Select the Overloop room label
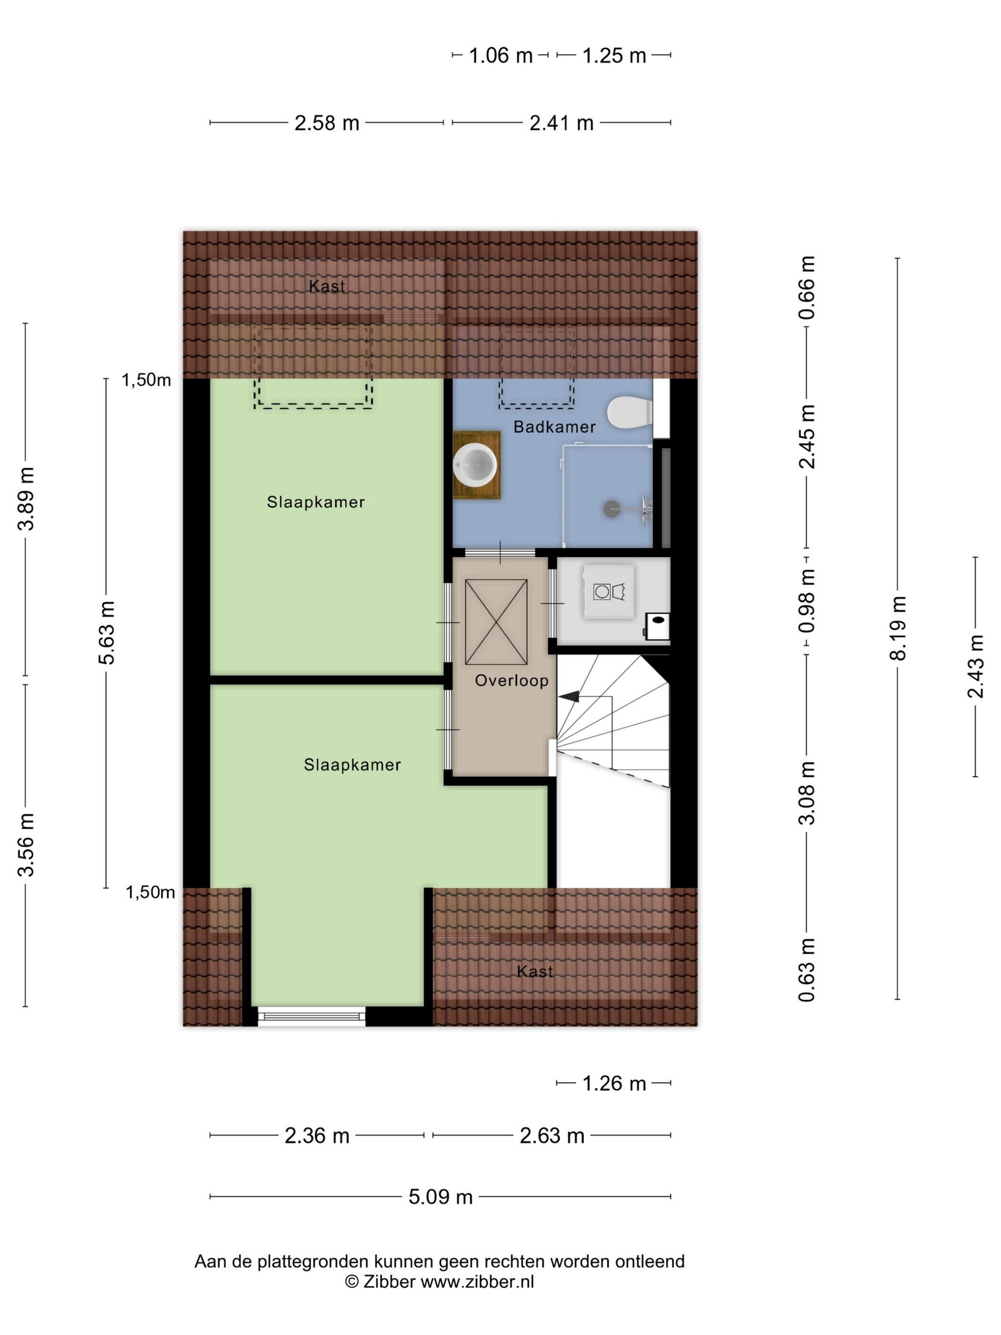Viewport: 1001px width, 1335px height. pyautogui.click(x=511, y=681)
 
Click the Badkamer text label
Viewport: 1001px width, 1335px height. pyautogui.click(x=554, y=427)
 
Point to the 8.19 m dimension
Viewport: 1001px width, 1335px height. pyautogui.click(x=899, y=628)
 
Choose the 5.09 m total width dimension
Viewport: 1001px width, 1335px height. pyautogui.click(x=440, y=1197)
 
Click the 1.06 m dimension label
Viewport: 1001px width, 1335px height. pyautogui.click(x=501, y=55)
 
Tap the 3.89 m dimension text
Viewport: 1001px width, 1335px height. pyautogui.click(x=26, y=499)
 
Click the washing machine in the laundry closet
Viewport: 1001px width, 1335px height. pyautogui.click(x=608, y=592)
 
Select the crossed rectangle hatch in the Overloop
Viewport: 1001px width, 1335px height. pyautogui.click(x=497, y=622)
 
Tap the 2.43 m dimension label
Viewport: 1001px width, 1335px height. pyautogui.click(x=976, y=666)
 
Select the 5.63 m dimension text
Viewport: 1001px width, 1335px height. pyautogui.click(x=107, y=633)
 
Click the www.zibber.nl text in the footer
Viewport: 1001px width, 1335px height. pyautogui.click(x=477, y=1281)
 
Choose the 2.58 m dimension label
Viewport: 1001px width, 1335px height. pyautogui.click(x=327, y=123)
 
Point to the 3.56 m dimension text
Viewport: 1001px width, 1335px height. pyautogui.click(x=26, y=845)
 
